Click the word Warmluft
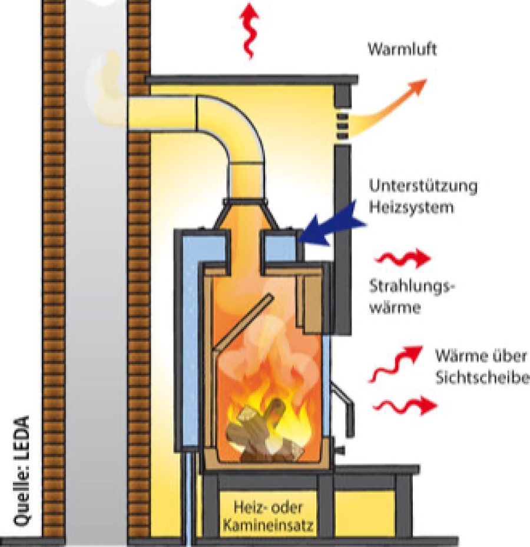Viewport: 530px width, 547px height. click(x=402, y=49)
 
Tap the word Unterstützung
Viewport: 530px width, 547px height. click(x=423, y=187)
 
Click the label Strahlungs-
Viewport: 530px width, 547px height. click(x=412, y=287)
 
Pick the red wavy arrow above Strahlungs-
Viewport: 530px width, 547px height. click(x=403, y=259)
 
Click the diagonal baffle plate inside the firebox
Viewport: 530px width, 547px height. click(x=242, y=327)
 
